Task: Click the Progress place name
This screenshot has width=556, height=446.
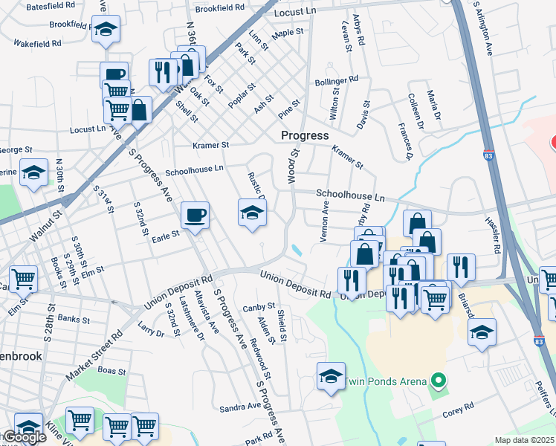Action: [305, 135]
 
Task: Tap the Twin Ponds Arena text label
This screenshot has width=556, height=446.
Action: [385, 382]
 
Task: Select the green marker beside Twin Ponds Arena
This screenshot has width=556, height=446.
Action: [438, 382]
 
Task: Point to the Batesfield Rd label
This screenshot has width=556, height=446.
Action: [51, 6]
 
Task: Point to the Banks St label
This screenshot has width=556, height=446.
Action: [74, 320]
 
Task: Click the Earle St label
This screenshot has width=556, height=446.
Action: [165, 234]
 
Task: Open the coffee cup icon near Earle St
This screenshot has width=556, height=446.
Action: [195, 216]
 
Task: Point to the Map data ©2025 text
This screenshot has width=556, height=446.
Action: [525, 440]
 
